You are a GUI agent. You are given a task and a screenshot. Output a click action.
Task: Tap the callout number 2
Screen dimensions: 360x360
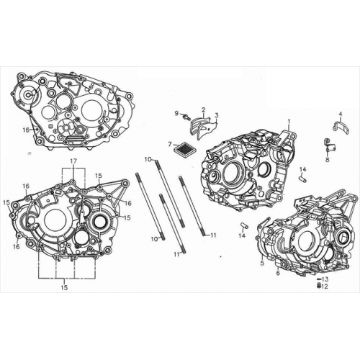click(x=204, y=110)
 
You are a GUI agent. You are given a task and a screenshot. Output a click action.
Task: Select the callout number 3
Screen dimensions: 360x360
click(x=216, y=115)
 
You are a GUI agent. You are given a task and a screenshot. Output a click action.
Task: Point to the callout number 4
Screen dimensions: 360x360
click(x=341, y=114)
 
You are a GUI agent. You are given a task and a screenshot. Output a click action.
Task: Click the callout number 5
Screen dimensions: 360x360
click(x=262, y=264)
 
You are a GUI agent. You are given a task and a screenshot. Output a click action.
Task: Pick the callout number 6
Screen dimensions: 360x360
click(x=278, y=273)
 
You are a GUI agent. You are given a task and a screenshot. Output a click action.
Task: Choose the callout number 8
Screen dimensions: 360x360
click(x=328, y=161)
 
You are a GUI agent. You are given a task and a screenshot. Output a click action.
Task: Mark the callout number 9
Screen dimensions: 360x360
click(x=176, y=113)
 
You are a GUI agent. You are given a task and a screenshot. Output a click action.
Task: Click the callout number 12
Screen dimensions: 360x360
click(x=325, y=287)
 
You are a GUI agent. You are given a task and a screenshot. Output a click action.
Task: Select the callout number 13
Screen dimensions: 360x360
click(x=325, y=279)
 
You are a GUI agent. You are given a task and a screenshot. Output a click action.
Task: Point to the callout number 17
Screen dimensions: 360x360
click(x=73, y=159)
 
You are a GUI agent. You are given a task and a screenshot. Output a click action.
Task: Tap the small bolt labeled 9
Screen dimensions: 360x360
click(x=186, y=117)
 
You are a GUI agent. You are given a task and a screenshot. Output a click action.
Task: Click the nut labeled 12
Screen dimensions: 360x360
click(x=319, y=286)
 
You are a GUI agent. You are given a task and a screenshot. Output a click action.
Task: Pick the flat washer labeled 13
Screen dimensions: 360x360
click(x=318, y=279)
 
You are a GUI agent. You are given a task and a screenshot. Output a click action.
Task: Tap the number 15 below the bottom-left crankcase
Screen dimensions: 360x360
click(x=65, y=288)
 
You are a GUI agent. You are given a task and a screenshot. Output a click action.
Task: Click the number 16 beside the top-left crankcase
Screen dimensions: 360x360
click(x=26, y=130)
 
